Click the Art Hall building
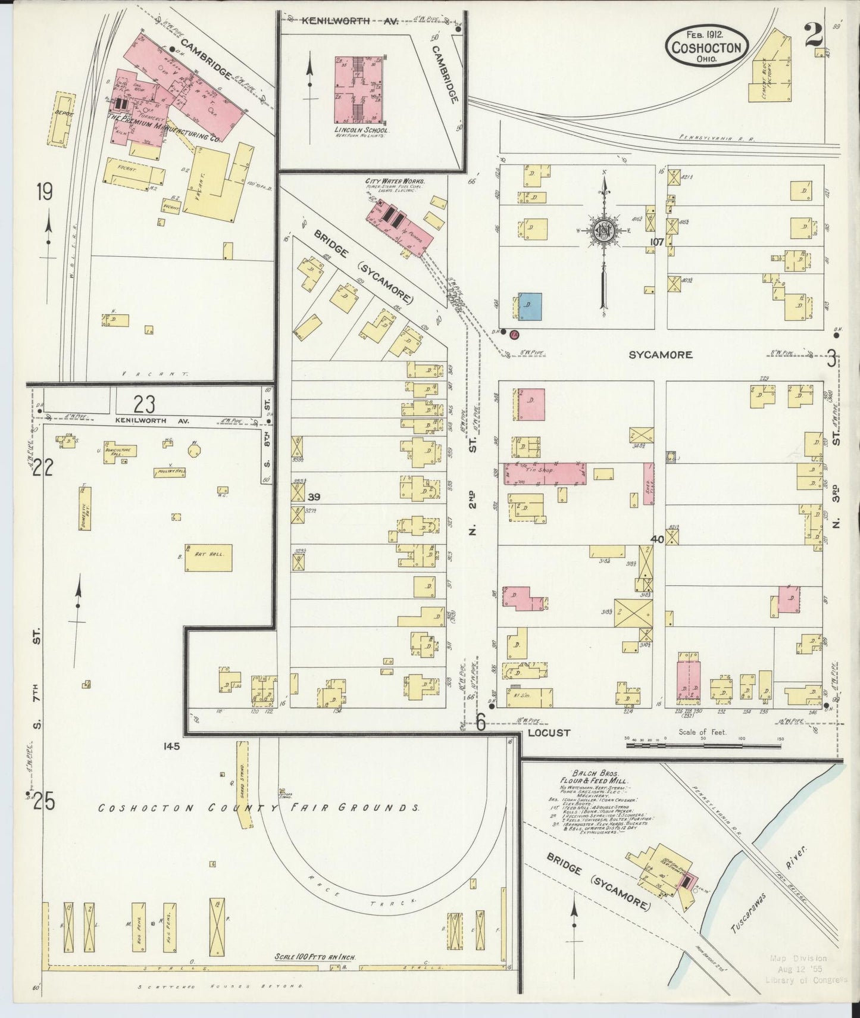click(208, 557)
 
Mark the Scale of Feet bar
click(705, 744)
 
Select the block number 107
click(656, 242)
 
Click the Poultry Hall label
click(167, 471)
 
